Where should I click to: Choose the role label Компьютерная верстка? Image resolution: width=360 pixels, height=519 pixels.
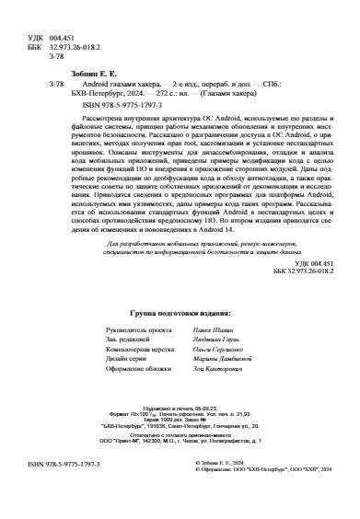coord(138,354)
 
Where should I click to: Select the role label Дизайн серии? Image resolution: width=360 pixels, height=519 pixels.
coord(128,368)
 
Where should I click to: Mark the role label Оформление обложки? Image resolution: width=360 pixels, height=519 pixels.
coord(138,381)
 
